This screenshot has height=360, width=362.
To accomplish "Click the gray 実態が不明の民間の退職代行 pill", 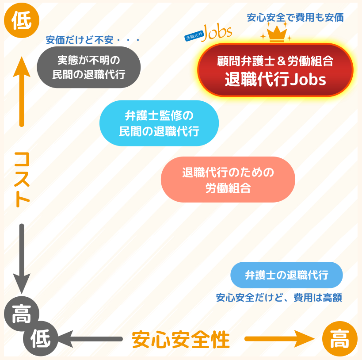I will [x=89, y=67].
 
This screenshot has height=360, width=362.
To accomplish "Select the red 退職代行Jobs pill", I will [x=275, y=70].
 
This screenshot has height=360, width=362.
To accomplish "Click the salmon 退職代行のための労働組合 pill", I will [x=228, y=180].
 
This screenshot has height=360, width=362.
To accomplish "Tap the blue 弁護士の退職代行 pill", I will [x=286, y=275].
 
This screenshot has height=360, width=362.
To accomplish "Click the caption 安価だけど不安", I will [x=93, y=40].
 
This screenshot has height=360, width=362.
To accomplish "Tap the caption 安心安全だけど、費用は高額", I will [x=279, y=297].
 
